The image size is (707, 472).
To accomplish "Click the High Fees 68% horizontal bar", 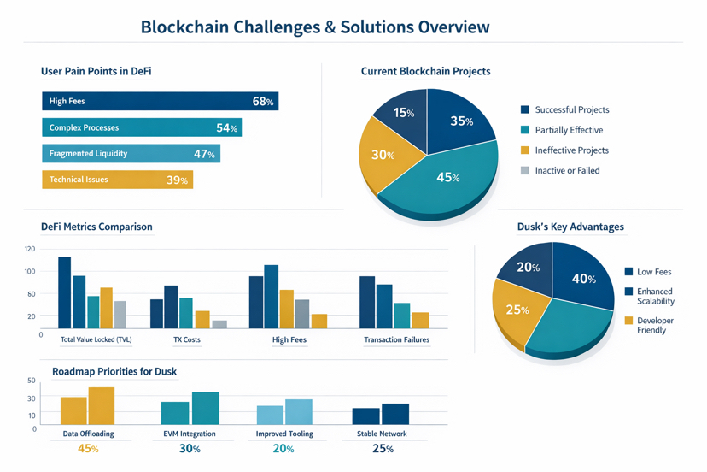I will click(160, 102).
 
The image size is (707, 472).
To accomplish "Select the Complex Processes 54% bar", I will click(142, 128).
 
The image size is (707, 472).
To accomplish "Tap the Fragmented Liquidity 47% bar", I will click(131, 154).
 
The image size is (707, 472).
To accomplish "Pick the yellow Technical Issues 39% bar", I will click(117, 180).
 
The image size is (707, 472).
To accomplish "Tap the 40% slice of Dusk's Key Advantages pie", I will click(583, 278).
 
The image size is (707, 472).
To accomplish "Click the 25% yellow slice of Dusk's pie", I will click(516, 308).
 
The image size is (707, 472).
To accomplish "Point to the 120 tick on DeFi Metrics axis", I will click(31, 249).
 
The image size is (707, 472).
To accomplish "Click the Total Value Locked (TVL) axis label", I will click(96, 339).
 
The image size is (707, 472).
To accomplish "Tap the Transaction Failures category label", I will click(396, 339).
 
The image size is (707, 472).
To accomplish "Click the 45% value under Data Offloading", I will click(87, 449).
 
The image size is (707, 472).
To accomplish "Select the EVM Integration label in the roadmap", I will click(189, 434).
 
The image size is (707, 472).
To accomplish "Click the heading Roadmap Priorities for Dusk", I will click(114, 372).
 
